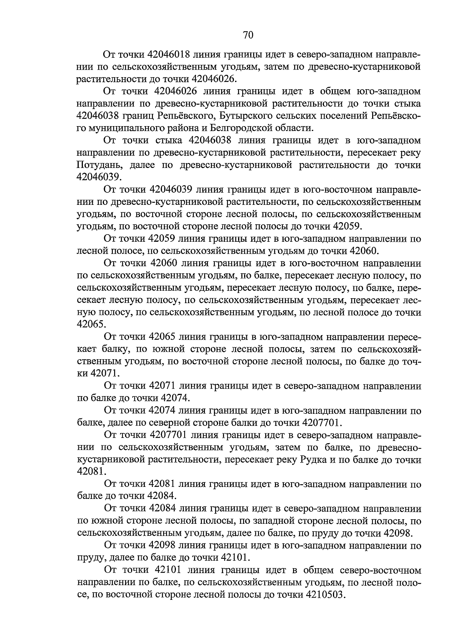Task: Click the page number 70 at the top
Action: coord(248,35)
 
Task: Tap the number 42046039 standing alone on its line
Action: coord(99,177)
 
